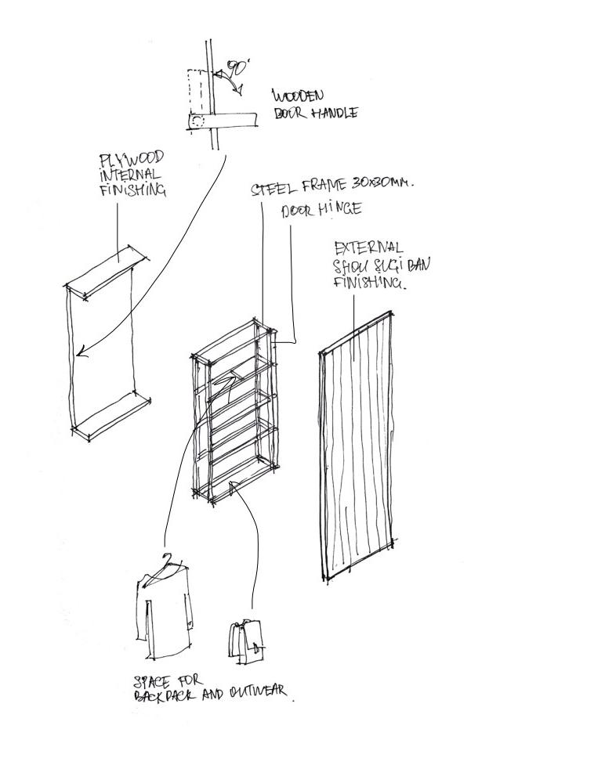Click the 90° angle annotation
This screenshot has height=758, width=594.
tap(236, 70)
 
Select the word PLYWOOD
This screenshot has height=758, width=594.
tap(131, 161)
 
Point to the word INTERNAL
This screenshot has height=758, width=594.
tap(131, 175)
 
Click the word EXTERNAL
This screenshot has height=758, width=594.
tap(369, 248)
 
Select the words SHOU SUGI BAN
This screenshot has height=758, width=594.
tap(381, 265)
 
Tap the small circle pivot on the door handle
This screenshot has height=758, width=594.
tap(197, 121)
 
